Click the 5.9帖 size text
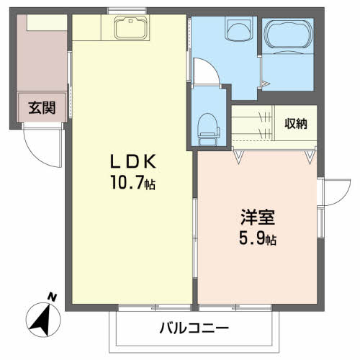pyautogui.click(x=257, y=238)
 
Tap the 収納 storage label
pyautogui.click(x=295, y=123)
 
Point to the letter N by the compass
pyautogui.click(x=51, y=297)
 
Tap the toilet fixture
pyautogui.click(x=208, y=127)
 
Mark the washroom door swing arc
pyautogui.click(x=204, y=70)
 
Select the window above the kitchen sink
pyautogui.click(x=128, y=10)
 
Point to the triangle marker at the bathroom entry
pyautogui.click(x=266, y=84)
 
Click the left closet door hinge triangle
pyautogui.click(x=238, y=154)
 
